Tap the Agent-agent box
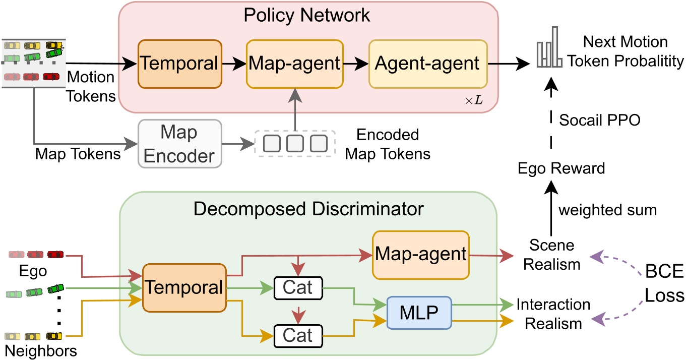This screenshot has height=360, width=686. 428,64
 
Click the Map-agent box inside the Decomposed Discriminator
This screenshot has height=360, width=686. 420,254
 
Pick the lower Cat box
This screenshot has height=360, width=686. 297,335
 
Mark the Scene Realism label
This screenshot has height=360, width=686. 552,255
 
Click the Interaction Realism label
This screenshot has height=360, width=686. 553,314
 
